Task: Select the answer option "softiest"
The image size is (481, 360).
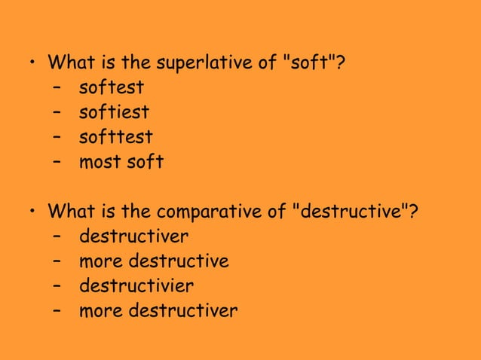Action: click(114, 113)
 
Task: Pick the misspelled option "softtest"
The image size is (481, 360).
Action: click(115, 137)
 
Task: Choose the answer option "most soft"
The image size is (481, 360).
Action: click(121, 161)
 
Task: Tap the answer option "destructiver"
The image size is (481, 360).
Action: click(133, 236)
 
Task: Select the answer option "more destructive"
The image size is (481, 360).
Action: click(154, 261)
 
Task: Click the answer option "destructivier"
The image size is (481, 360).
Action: click(136, 285)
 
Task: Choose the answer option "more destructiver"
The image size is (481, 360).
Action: click(158, 310)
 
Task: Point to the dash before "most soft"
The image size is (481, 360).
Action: click(57, 162)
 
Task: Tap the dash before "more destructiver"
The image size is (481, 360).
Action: click(57, 310)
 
